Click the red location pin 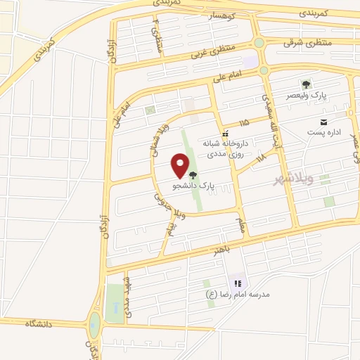point(181,165)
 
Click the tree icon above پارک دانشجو point(193,175)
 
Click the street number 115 point(243,122)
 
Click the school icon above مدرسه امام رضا point(237,283)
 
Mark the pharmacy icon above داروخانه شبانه point(224,133)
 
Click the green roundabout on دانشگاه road point(94,326)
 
